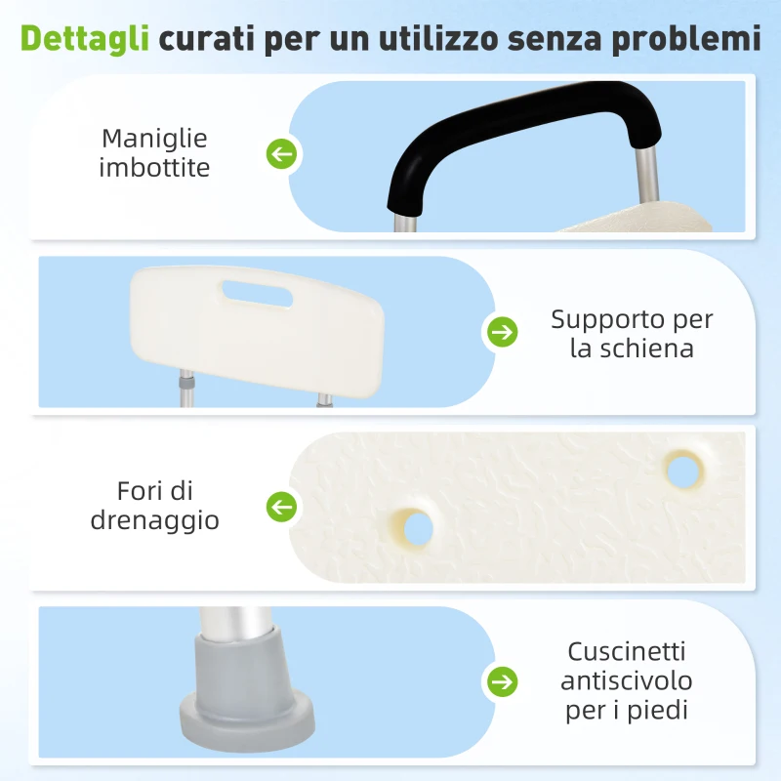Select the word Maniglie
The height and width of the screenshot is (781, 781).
pos(154,139)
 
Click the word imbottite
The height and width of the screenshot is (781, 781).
pos(154,168)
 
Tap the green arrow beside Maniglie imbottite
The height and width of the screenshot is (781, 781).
pos(282,153)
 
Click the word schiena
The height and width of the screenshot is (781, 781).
pos(645,349)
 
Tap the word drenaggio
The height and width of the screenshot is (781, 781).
pos(154,520)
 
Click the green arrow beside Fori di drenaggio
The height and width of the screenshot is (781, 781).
pos(282,507)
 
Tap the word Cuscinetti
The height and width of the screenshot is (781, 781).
pos(628,650)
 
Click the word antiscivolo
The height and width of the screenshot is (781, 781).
pos(627,680)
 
